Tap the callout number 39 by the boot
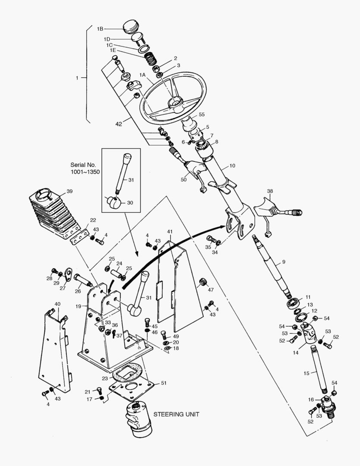[x=69, y=191]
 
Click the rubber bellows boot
[x=53, y=214]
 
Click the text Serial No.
[x=84, y=165]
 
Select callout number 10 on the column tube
[x=232, y=165]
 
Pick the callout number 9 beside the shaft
[x=283, y=261]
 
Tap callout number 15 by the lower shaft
[x=307, y=373]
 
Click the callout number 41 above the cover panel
[x=169, y=232]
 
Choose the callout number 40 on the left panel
[x=57, y=304]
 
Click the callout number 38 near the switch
[x=270, y=191]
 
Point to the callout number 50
[x=184, y=180]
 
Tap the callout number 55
[x=201, y=115]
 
